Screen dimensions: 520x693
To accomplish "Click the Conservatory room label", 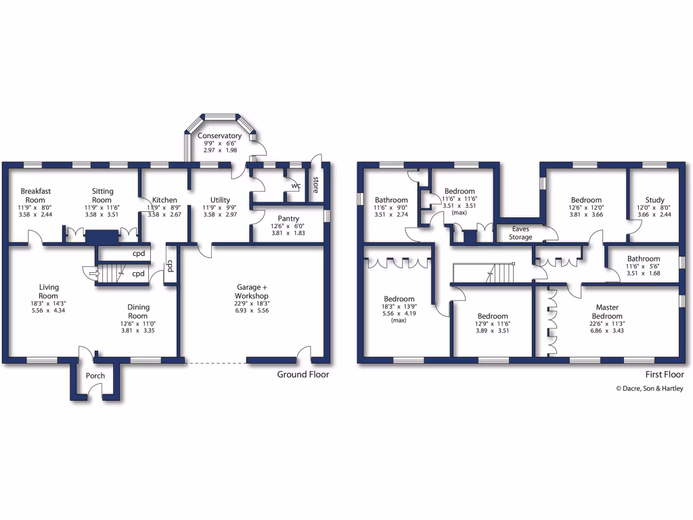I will point(220,136).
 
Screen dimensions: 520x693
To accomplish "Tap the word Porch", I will point(95,376).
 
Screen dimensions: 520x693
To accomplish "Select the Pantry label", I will point(288,219).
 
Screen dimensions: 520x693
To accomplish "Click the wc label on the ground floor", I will point(296,185).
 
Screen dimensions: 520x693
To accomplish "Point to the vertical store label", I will point(315,184).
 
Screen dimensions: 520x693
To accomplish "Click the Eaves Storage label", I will point(521,233).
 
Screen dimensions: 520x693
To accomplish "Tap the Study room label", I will point(654,200).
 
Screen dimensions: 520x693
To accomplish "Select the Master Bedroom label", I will point(607,311).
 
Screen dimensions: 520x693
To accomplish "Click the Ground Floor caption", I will point(303,374).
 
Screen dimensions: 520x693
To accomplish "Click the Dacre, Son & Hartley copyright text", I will point(649,389).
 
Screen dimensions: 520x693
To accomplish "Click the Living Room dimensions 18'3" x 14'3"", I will point(49,305).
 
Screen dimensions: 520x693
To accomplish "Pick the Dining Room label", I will point(138,311).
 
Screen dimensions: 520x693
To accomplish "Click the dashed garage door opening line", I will point(215,363).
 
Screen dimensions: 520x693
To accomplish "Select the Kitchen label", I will point(164,200).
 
